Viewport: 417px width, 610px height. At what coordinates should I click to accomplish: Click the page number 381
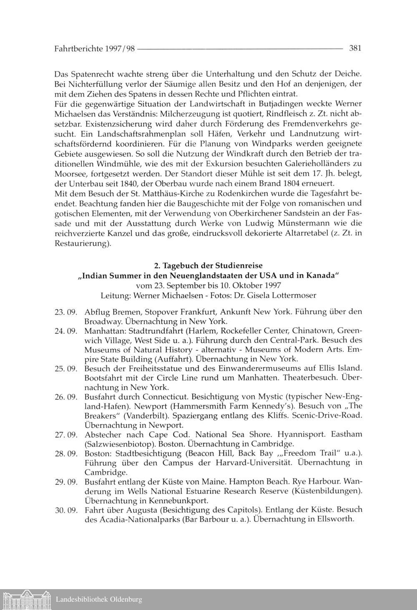[354, 48]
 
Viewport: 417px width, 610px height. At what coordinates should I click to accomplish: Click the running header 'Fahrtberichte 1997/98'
[95, 48]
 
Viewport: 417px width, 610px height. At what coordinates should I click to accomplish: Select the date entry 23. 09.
[66, 312]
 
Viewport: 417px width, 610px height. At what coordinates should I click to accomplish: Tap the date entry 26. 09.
[66, 396]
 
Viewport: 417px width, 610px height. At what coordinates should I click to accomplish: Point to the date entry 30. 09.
[66, 510]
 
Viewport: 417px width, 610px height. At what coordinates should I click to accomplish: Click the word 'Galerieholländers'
[319, 163]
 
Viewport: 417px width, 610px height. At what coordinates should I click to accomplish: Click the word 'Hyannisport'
[301, 434]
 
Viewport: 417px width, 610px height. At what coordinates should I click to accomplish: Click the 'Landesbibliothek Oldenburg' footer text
[99, 600]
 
